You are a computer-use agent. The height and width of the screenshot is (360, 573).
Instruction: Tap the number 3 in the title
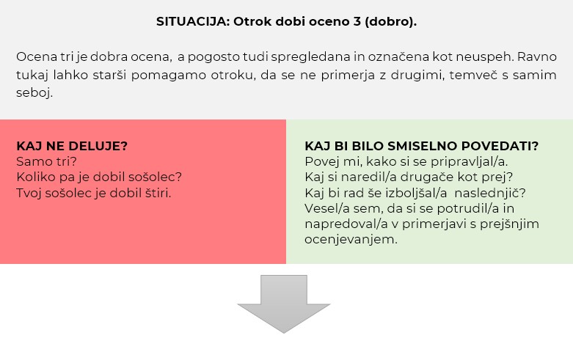357,21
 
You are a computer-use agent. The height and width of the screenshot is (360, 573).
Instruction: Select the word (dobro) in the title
390,21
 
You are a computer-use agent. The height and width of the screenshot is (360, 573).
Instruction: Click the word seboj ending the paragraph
34,92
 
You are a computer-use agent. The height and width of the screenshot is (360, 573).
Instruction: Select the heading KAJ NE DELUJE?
72,146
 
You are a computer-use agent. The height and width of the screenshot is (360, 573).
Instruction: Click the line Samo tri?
47,161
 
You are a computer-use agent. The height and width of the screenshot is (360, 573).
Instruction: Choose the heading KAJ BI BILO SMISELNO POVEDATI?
422,146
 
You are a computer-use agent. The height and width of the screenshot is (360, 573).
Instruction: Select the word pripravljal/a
470,162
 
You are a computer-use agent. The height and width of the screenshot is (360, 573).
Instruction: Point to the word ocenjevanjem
351,240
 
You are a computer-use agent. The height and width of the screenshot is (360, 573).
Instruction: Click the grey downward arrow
284,304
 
